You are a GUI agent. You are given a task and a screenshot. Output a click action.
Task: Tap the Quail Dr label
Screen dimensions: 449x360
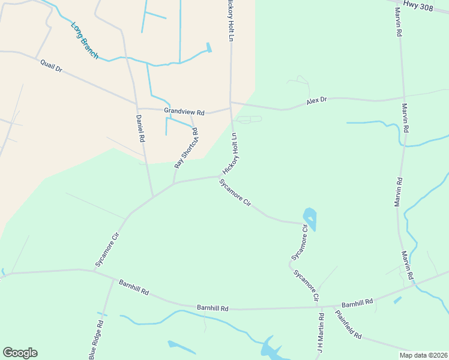tap(51, 65)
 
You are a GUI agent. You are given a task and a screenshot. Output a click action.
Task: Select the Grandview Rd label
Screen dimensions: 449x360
tap(184, 112)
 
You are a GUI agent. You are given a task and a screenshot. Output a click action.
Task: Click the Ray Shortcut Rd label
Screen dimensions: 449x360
tap(186, 148)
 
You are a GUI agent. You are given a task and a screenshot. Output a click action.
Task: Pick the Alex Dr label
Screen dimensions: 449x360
tap(316, 101)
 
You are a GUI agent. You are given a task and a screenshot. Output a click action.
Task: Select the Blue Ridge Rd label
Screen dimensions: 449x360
tap(96, 340)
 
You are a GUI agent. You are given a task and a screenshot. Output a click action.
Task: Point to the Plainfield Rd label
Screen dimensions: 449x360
tap(348, 325)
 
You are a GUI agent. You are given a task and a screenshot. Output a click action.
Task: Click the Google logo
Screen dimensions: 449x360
tap(20, 353)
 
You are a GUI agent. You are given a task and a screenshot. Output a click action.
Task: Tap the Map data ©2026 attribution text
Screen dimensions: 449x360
tap(423, 355)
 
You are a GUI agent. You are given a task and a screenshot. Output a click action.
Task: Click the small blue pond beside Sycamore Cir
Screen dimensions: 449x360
tap(310, 218)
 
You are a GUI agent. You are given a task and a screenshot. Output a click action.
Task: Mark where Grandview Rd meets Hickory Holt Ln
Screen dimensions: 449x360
tap(231, 108)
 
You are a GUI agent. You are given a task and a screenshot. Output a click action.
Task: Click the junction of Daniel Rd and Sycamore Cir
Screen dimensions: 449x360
tap(153, 196)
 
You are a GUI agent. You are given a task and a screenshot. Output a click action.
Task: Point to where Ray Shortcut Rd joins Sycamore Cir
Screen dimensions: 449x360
tap(173, 184)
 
